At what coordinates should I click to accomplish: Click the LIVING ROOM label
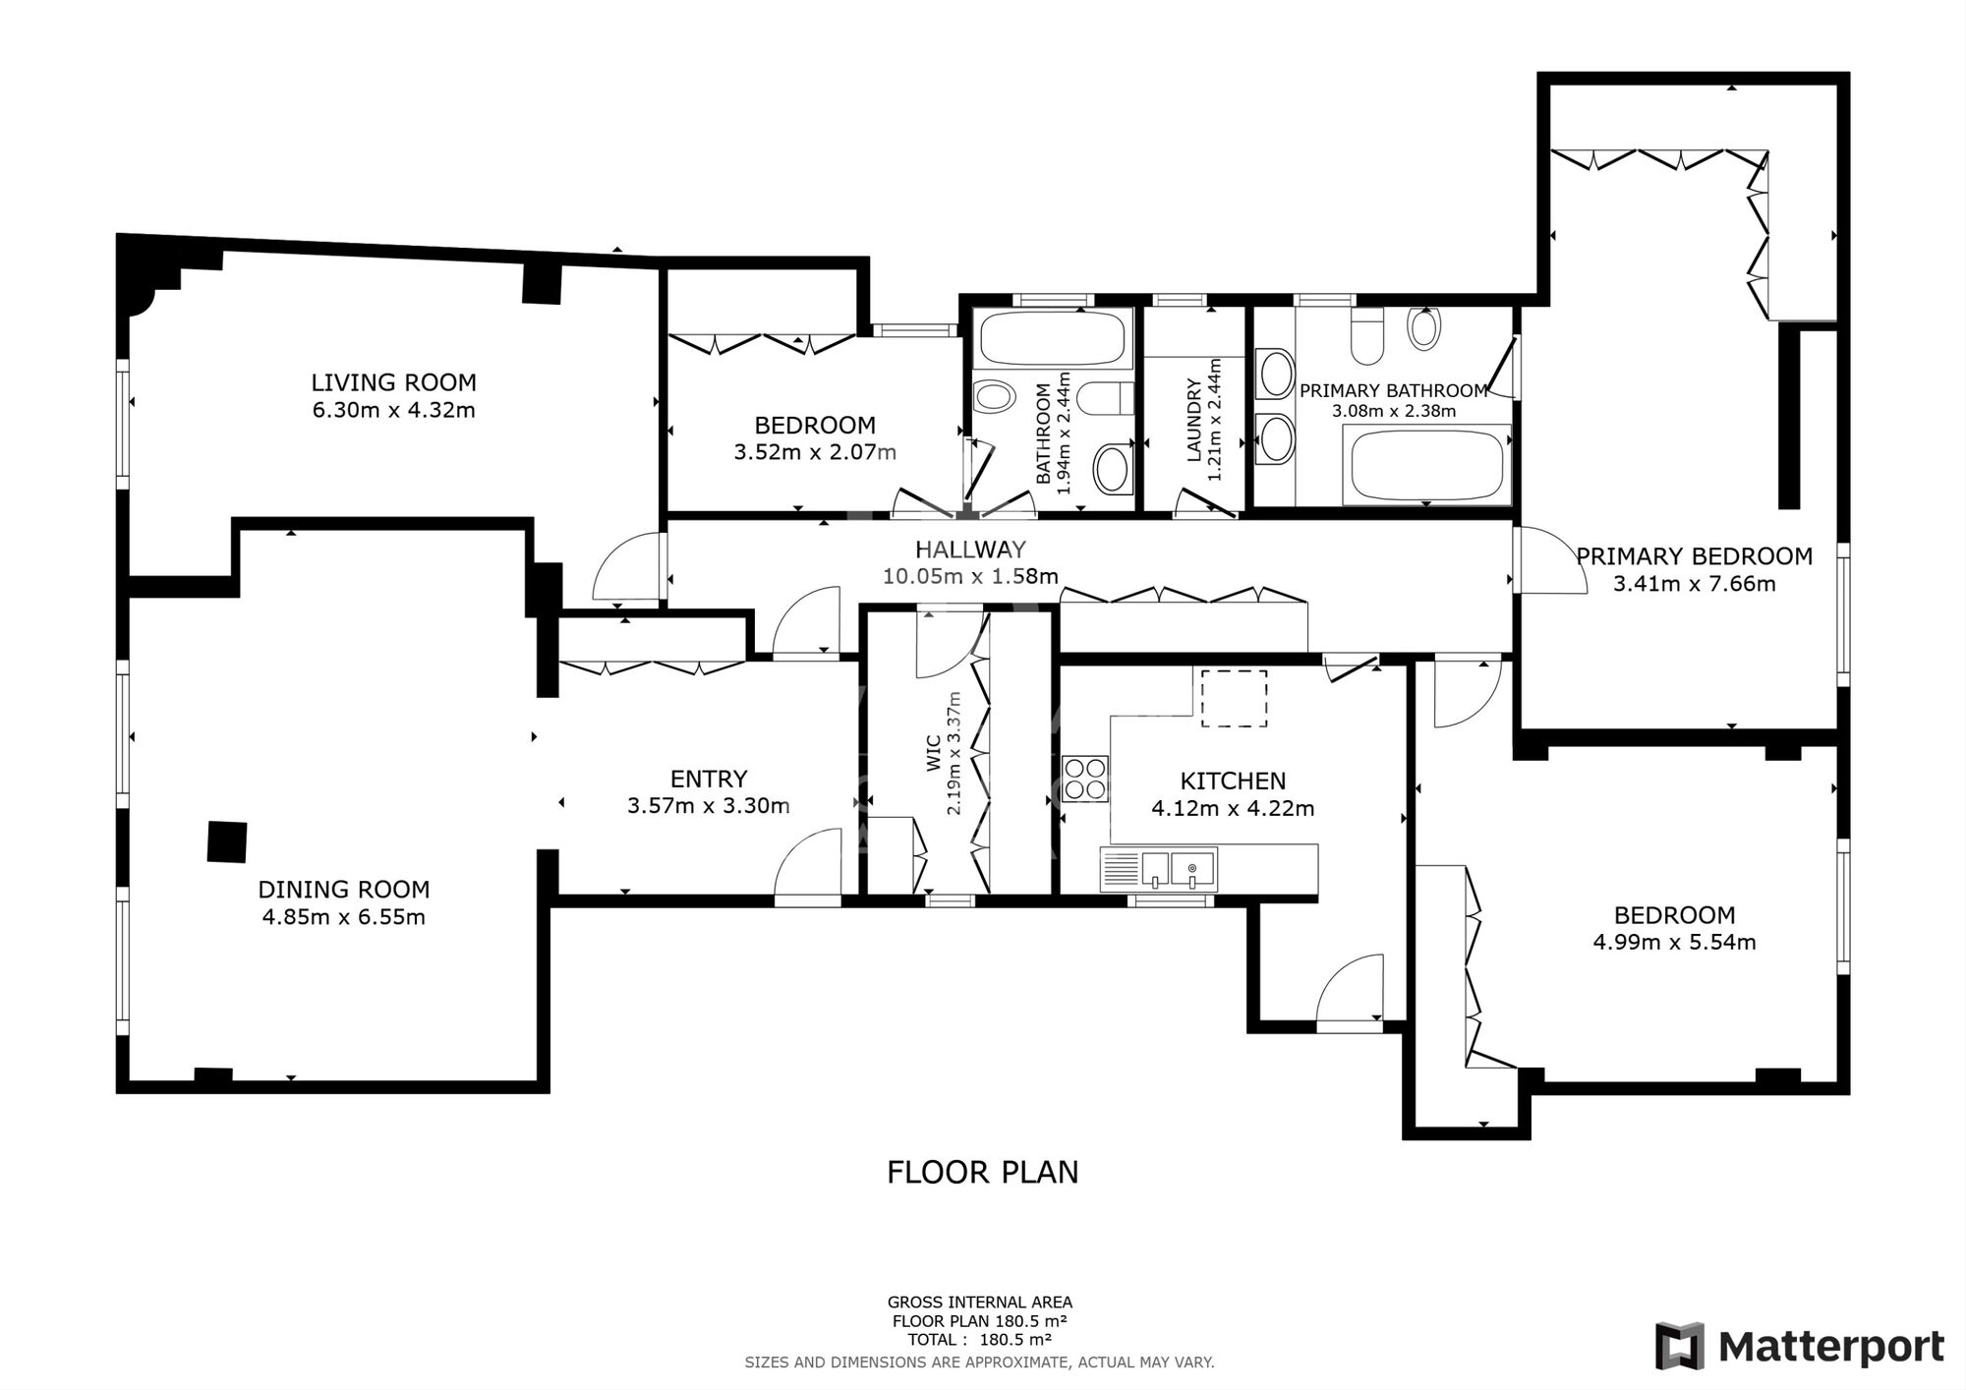click(393, 382)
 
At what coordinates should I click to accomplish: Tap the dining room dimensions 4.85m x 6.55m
click(343, 917)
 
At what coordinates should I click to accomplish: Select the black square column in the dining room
click(226, 841)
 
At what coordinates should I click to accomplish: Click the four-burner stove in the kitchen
click(1085, 779)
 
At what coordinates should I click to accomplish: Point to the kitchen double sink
click(1179, 870)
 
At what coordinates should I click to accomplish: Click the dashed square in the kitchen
click(1235, 698)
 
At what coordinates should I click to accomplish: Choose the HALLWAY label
click(970, 550)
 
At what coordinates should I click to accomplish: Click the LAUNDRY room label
click(1194, 421)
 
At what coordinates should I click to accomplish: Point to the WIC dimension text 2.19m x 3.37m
click(953, 753)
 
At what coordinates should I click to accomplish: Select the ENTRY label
click(709, 779)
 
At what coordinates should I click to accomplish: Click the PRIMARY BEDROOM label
click(1694, 556)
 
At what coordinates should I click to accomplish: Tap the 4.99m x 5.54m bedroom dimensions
click(1674, 942)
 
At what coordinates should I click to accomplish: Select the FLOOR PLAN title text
click(982, 1172)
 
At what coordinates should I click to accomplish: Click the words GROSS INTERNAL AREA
click(979, 1303)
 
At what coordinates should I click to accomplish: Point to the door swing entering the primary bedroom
click(1550, 561)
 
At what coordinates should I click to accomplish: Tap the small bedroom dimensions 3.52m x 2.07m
click(815, 452)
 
